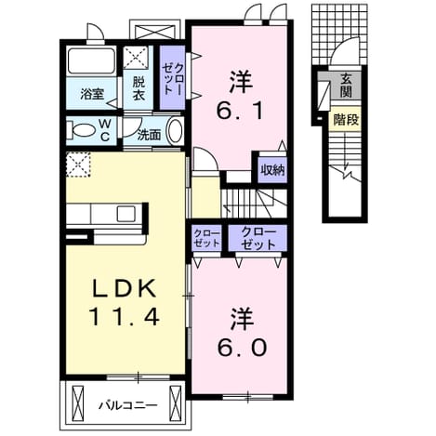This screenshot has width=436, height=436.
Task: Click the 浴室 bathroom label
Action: coord(92,94)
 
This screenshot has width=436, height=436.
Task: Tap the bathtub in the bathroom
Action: coord(91,60)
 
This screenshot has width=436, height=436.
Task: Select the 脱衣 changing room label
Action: coord(139,89)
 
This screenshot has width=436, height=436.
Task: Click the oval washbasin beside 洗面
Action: coord(175,131)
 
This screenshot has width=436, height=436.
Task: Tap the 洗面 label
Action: coord(149,135)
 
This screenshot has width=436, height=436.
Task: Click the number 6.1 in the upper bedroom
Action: coord(241,112)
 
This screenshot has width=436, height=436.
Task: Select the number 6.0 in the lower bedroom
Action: coord(242,348)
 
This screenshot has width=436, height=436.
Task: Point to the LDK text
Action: coord(124,289)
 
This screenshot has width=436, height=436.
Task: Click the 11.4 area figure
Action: coord(125,317)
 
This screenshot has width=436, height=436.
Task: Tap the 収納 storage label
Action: coord(272,170)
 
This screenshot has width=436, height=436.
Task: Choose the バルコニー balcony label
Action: coord(128,405)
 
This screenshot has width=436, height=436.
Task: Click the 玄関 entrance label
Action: coord(346,86)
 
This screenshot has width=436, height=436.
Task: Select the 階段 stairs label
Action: coord(346,119)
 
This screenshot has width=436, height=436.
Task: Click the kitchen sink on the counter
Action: coord(126,214)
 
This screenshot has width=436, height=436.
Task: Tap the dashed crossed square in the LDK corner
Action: coord(78,165)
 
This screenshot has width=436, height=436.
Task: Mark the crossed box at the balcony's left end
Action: coord(78,403)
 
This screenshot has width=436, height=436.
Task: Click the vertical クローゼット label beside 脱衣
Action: coord(173,78)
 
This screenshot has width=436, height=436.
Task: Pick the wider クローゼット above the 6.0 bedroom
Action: coord(258,238)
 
